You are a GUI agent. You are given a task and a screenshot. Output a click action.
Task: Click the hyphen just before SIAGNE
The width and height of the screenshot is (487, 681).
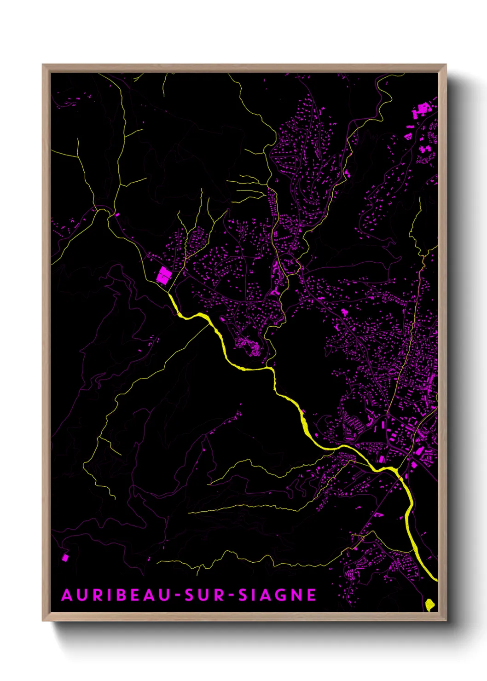(232, 596)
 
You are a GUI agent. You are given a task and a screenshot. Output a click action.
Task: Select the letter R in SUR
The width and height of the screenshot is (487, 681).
(219, 595)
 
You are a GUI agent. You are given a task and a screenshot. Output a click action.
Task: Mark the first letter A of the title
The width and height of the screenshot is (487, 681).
(67, 595)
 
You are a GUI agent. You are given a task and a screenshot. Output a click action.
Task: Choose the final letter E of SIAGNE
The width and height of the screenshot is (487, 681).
(312, 595)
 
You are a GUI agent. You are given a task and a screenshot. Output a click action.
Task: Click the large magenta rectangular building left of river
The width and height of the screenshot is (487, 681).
(164, 275)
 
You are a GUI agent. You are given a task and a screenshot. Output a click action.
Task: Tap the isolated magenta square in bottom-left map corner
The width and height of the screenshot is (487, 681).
(65, 558)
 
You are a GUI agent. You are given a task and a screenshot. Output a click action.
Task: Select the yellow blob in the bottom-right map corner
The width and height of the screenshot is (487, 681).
(429, 604)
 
